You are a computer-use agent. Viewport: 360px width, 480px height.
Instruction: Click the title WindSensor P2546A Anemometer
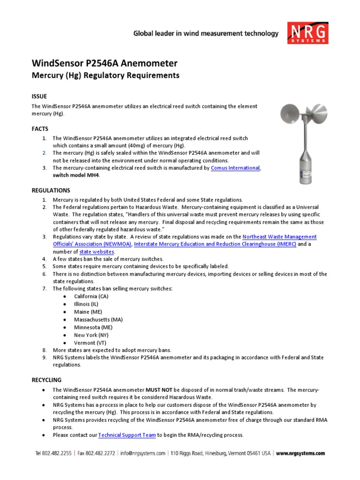(x=104, y=63)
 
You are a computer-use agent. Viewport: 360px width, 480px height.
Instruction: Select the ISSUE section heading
(x=39, y=96)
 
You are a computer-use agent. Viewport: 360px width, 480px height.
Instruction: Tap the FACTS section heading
(x=40, y=128)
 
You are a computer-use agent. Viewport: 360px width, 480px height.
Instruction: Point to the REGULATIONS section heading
(x=51, y=190)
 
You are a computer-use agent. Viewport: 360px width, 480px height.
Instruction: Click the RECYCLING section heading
(x=46, y=380)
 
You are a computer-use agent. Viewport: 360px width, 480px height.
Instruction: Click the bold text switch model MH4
(x=76, y=175)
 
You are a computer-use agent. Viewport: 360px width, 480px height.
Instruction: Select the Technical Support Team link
(x=127, y=435)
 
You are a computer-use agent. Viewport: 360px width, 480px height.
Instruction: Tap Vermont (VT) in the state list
(x=89, y=343)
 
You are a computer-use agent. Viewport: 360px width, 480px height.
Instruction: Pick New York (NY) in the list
(x=91, y=335)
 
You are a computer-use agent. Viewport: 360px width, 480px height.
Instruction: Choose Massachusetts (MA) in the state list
(x=98, y=320)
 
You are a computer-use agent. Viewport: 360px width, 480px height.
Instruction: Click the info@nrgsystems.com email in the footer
(x=142, y=453)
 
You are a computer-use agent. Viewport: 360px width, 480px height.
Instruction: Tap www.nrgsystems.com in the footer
(x=300, y=453)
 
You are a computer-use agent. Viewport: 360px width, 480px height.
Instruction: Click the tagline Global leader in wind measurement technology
(x=206, y=33)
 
